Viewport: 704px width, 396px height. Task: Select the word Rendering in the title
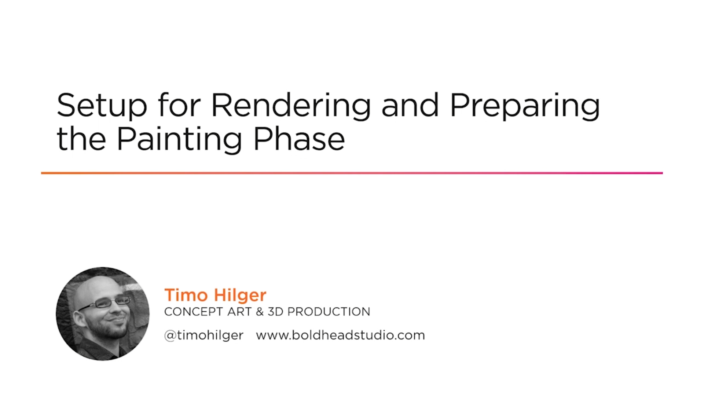point(291,106)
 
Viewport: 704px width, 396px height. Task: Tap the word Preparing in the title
point(525,106)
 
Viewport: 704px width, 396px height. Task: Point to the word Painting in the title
point(179,140)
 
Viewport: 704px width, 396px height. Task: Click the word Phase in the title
point(299,139)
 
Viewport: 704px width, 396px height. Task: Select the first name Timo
point(186,295)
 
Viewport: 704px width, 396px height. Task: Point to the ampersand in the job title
point(260,312)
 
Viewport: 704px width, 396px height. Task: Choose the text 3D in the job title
point(275,312)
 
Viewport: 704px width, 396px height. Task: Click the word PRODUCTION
point(329,312)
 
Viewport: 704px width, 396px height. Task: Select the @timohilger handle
point(204,335)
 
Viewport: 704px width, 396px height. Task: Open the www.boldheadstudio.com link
point(340,335)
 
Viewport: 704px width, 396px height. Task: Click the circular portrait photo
point(103,314)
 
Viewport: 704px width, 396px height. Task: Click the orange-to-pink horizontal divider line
point(352,173)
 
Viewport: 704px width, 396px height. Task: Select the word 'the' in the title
point(81,139)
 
